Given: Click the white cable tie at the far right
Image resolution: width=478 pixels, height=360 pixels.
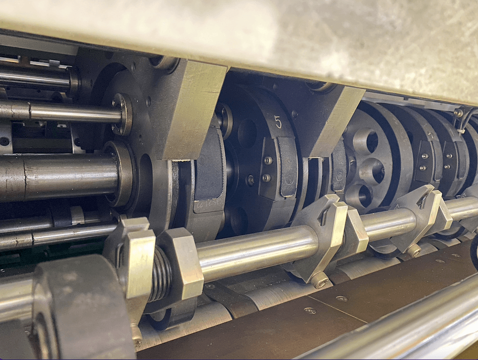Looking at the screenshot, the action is [461, 132].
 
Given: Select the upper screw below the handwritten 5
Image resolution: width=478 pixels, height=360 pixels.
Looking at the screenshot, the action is [268, 160].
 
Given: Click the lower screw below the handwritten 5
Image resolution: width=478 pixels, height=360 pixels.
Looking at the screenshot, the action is [266, 177].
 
